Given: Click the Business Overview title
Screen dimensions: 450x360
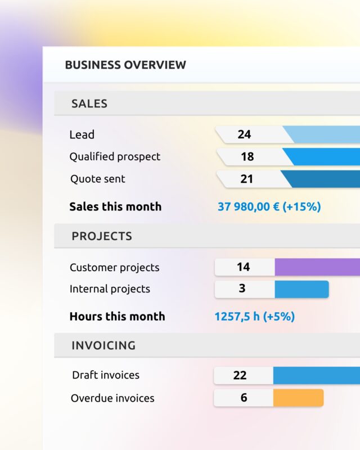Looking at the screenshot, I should point(125,65).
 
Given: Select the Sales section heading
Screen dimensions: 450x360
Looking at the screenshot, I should point(89,103).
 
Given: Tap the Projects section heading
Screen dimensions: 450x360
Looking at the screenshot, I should point(101,236).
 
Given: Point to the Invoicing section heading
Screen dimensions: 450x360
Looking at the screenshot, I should point(103,345).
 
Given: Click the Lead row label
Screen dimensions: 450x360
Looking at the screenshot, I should point(82,134).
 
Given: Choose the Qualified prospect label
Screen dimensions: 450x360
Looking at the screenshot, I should point(115,156).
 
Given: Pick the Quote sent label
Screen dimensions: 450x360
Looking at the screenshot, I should point(98,179).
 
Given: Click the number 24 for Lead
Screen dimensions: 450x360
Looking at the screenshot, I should point(244,134).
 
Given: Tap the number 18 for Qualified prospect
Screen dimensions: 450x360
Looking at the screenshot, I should point(247,156).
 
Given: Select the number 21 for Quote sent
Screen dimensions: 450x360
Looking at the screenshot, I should point(246,179).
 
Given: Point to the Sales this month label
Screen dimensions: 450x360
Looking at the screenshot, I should point(115,206).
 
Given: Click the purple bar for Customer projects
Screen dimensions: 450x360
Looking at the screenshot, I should point(317,267).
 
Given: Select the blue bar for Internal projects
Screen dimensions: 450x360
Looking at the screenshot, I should point(301,289).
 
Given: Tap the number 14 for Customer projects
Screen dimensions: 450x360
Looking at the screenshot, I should point(243,267).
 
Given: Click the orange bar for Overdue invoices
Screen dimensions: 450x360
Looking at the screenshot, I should point(298,398).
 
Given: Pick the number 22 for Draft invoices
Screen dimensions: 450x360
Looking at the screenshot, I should point(240,375).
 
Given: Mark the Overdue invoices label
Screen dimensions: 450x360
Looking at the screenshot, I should point(112,398).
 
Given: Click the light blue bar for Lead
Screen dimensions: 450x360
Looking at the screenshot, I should point(323,134).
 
